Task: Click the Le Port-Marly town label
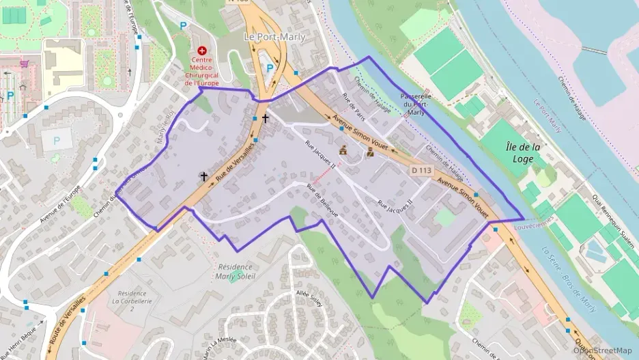274,37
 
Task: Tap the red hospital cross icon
202,51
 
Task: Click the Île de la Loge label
524,152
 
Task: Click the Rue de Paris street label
354,105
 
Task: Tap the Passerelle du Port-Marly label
416,105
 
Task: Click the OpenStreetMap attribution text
602,350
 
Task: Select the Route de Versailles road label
68,320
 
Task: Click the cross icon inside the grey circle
203,176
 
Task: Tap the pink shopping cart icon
25,64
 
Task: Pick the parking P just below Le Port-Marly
270,68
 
